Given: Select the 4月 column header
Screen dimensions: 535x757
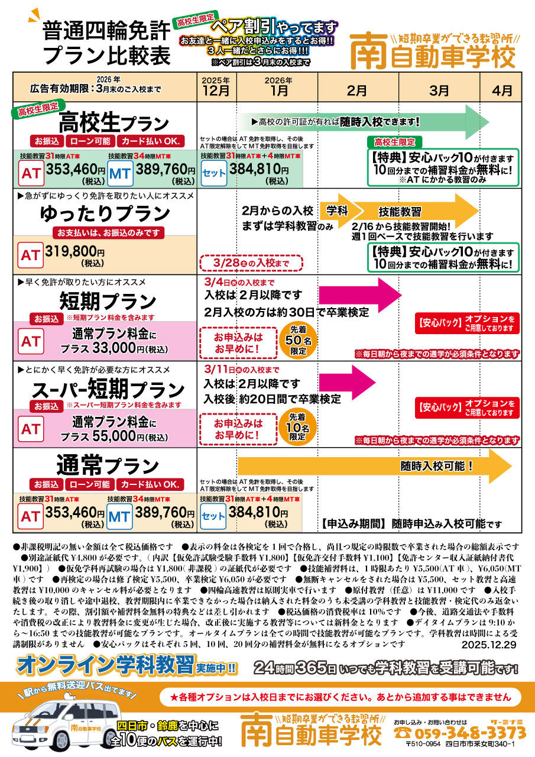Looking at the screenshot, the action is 501,90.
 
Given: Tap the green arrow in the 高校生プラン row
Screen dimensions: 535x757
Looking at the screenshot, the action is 365,122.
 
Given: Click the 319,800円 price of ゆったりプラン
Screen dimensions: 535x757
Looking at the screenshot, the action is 74,251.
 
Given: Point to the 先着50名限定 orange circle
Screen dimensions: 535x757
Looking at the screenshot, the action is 298,339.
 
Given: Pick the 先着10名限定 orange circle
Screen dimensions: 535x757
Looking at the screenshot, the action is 297,427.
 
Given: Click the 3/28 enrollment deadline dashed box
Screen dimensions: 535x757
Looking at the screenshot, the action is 251,263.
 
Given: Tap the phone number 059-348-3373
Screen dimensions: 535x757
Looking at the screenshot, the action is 469,733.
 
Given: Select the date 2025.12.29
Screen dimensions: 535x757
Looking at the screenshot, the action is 489,645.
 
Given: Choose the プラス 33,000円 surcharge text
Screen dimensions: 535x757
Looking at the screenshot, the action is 114,348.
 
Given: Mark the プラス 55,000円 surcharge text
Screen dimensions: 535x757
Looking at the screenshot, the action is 114,436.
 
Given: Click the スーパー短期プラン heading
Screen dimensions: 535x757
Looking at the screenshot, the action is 108,389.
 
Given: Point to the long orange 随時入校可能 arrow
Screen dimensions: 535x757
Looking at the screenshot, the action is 375,466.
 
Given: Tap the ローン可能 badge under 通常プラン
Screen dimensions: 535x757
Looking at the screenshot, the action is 90,484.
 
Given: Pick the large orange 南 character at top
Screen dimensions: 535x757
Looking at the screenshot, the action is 368,51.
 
